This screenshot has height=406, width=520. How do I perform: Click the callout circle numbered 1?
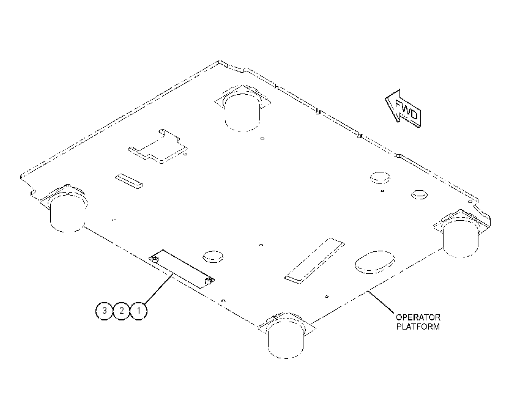click(x=138, y=311)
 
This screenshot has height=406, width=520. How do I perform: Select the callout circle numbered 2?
click(x=121, y=311)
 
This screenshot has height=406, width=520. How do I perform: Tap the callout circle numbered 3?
click(x=104, y=311)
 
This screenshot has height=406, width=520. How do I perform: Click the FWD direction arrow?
click(x=403, y=108)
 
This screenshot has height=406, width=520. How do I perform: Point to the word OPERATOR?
click(x=418, y=317)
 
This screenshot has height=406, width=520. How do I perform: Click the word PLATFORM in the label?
click(x=418, y=327)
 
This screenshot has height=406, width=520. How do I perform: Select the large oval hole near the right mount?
click(x=375, y=262)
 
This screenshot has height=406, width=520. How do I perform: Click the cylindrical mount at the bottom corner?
click(x=286, y=336)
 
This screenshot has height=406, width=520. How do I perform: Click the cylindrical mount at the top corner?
click(x=242, y=108)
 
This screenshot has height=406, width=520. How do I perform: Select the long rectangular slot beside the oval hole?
click(x=314, y=260)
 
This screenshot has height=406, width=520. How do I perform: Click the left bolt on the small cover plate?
click(x=155, y=259)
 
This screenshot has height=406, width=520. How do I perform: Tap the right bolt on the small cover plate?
click(x=209, y=282)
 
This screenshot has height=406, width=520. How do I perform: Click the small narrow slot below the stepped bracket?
click(x=129, y=181)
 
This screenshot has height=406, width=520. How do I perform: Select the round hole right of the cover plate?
click(x=212, y=257)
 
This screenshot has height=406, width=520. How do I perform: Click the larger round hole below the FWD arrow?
click(x=380, y=178)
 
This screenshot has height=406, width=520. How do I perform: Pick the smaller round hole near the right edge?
click(x=419, y=194)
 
